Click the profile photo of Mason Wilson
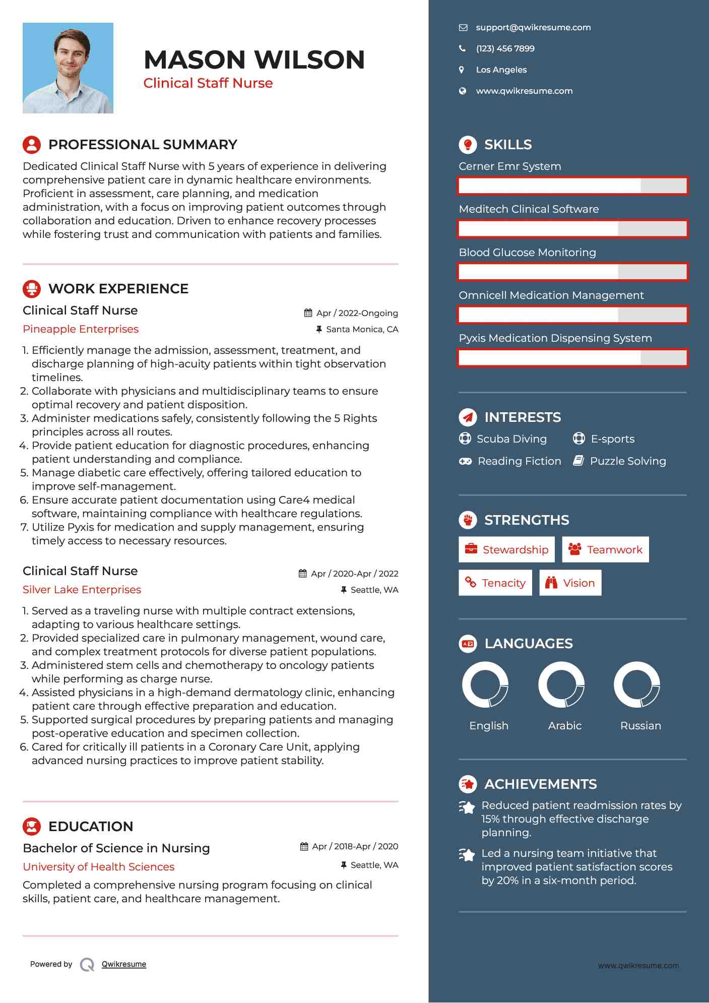tap(68, 68)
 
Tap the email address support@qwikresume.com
tap(533, 28)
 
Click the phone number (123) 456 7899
tap(505, 49)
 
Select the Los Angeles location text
tap(501, 70)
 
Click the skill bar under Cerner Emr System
tap(572, 186)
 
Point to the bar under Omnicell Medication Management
tap(572, 315)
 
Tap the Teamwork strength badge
tap(605, 550)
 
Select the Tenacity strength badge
tap(495, 583)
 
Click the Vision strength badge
tap(570, 583)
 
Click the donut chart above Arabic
tap(561, 685)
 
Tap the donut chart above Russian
tap(637, 685)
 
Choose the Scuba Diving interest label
tap(511, 439)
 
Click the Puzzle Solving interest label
tap(627, 461)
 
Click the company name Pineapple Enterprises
tap(81, 329)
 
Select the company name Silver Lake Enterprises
tap(82, 590)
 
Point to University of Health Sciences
tap(98, 867)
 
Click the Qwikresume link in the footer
tap(124, 964)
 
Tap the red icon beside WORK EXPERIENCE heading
tap(32, 289)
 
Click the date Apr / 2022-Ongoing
tap(357, 313)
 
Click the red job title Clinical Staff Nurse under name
tap(208, 83)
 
